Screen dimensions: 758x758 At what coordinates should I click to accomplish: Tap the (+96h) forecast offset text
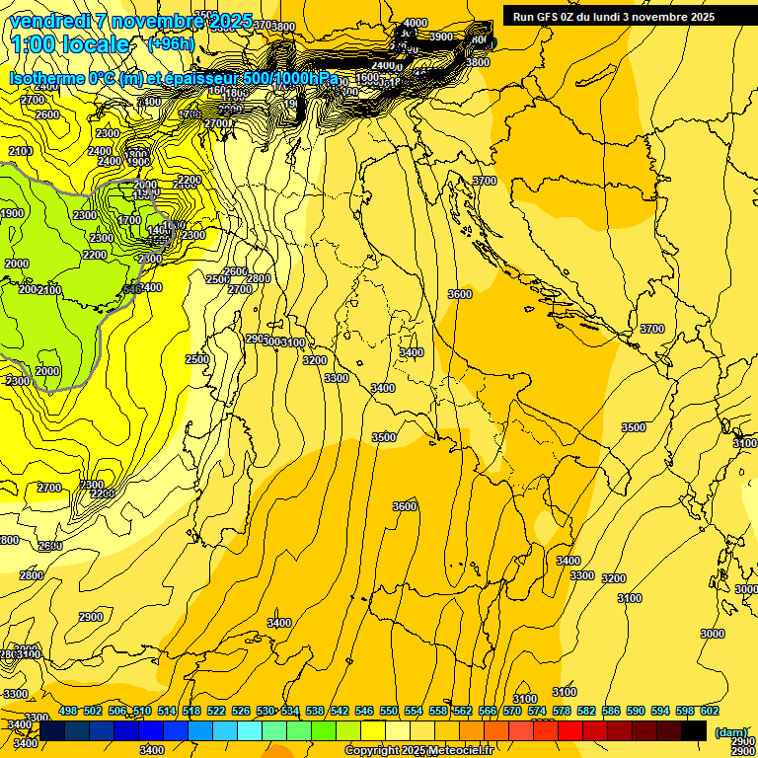tap(170, 44)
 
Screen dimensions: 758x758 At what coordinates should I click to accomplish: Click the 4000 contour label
tap(416, 23)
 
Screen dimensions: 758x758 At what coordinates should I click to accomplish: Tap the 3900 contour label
tap(441, 37)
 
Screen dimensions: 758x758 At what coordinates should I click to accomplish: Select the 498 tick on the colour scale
tap(68, 711)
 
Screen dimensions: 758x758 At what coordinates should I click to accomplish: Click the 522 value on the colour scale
tap(216, 711)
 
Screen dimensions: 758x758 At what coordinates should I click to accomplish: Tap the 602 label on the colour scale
tap(710, 711)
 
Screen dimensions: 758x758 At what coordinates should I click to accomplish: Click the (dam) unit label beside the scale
tap(731, 731)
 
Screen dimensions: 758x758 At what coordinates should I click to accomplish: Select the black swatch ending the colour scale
tap(694, 730)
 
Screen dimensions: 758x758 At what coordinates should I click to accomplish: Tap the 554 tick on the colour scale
tap(414, 711)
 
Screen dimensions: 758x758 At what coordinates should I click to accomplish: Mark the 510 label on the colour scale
tap(142, 711)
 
